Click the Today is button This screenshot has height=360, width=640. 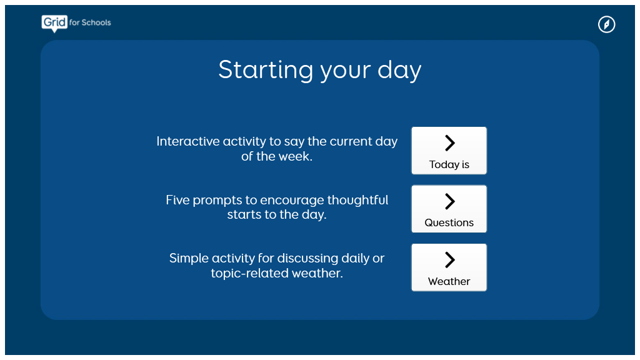pos(449,151)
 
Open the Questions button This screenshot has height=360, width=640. pos(449,209)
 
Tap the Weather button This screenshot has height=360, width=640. pos(449,267)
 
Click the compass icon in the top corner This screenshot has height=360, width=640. pos(606,24)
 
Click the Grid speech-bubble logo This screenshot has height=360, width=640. pos(54,23)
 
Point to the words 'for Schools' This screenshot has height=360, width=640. pos(90,22)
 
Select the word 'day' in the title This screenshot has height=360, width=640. pos(399,71)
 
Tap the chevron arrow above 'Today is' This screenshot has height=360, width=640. pos(449,143)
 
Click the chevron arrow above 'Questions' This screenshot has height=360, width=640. pos(449,201)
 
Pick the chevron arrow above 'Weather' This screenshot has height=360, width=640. pos(449,259)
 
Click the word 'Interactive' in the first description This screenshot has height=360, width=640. pos(182,141)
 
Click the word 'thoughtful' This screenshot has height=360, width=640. pos(357,201)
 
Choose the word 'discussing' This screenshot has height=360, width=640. pos(307,259)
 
